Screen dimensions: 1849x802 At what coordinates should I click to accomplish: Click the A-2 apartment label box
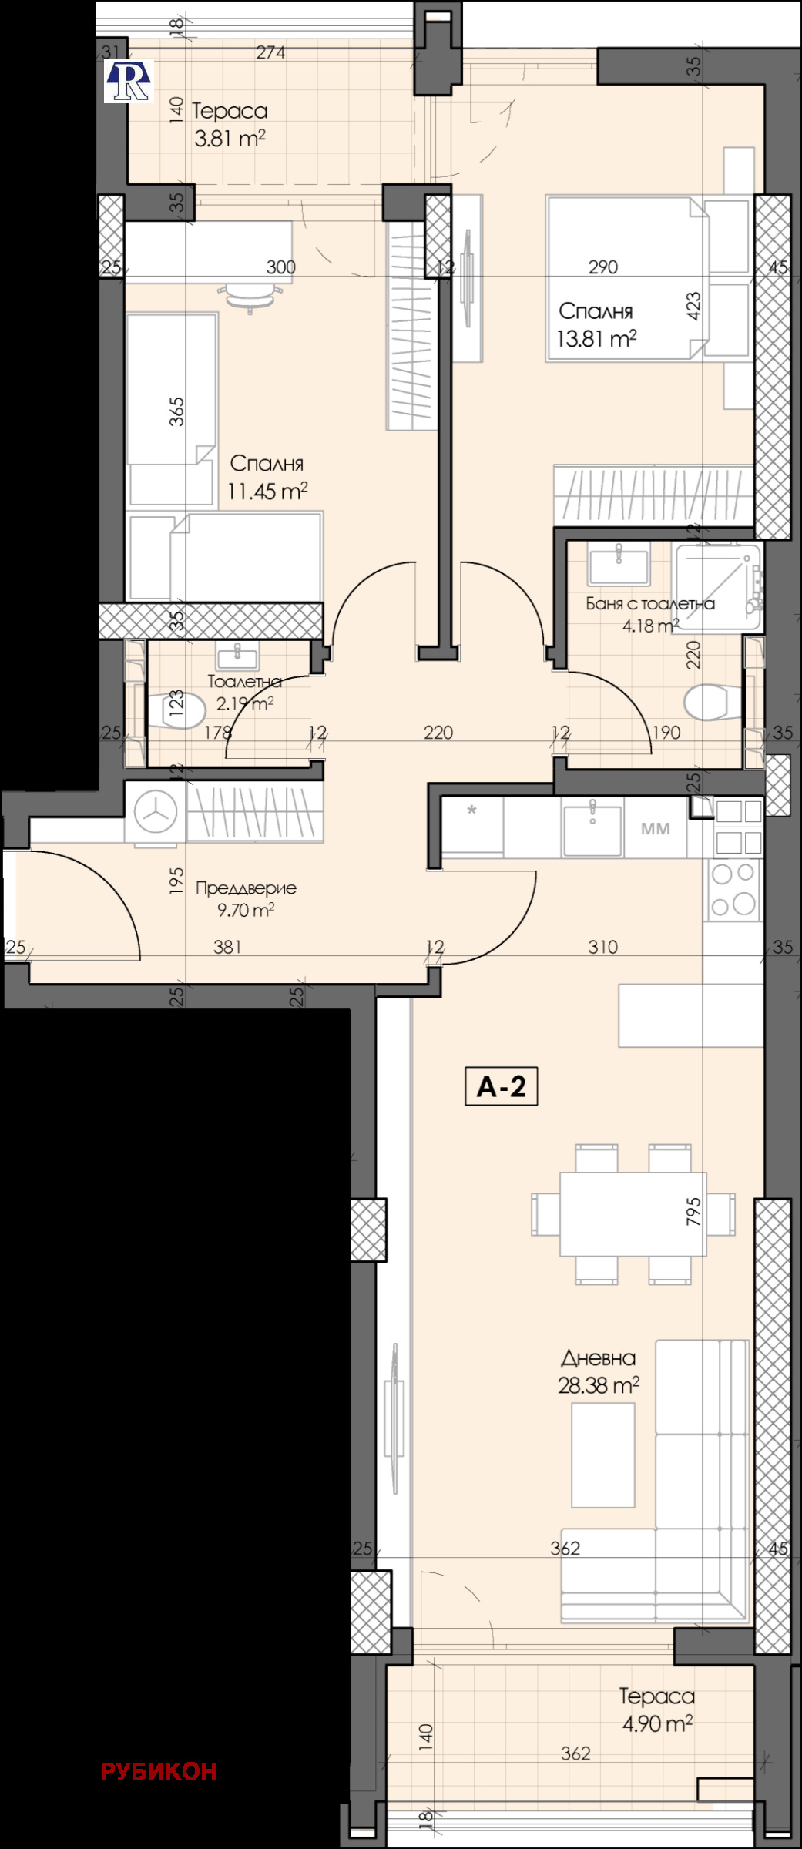[501, 1086]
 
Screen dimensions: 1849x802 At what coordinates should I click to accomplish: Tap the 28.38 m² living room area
[598, 1386]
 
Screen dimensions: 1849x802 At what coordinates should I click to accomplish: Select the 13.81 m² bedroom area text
[596, 338]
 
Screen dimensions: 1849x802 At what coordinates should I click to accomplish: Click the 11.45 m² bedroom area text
[267, 491]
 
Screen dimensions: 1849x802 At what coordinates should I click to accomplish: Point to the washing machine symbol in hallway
[156, 812]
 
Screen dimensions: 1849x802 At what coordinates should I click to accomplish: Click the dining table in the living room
[633, 1214]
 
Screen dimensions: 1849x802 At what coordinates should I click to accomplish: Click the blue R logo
[129, 82]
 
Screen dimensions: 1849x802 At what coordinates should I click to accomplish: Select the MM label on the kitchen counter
[655, 829]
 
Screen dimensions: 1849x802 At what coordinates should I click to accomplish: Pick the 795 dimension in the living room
[693, 1212]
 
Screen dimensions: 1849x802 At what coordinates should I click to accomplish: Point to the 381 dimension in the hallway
[227, 946]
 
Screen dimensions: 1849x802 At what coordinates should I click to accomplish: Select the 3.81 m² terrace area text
[230, 139]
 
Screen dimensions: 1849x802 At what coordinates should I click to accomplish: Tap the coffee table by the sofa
[602, 1455]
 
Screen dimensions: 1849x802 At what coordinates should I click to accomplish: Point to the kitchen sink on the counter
[592, 830]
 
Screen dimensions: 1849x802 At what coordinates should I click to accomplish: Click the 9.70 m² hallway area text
[245, 910]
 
